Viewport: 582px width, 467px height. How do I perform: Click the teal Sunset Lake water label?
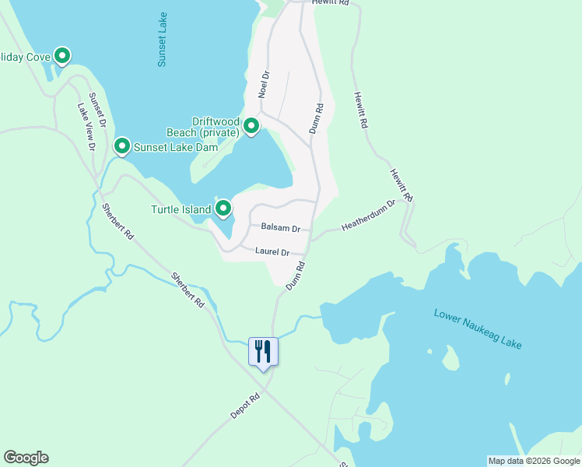point(163,39)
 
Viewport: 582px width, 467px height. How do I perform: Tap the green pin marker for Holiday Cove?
point(62,56)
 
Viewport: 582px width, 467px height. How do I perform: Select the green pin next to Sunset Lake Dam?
point(121,146)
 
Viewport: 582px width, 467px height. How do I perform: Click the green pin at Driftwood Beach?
point(251,126)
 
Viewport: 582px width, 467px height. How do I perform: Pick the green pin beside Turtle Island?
point(223,209)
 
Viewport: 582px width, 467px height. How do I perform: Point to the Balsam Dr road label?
point(281,228)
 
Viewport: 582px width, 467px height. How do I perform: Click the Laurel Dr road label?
point(272,252)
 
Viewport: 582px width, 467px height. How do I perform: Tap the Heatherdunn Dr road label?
point(369,215)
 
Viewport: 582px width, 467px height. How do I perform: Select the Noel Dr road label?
point(264,85)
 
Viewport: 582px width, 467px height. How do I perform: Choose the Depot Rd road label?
point(244,406)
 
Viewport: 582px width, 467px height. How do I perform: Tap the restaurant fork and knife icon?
point(263,351)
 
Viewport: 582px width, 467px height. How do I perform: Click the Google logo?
point(26,458)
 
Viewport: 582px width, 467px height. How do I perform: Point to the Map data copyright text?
point(534,461)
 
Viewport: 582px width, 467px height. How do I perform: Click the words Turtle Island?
point(181,209)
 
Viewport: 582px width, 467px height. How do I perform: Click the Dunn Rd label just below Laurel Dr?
point(294,276)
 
